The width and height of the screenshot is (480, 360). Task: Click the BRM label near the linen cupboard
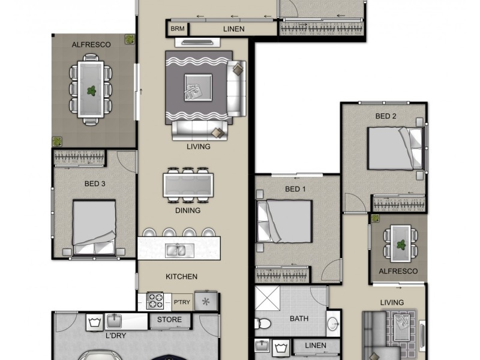(x=178, y=28)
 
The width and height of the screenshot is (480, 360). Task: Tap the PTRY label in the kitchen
(x=182, y=301)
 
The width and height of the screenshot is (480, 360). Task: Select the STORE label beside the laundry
(x=169, y=320)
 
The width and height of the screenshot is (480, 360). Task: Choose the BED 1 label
(x=295, y=189)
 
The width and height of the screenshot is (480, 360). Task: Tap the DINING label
(x=188, y=211)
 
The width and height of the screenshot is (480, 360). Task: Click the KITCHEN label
(x=181, y=277)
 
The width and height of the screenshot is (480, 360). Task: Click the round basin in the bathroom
(x=332, y=325)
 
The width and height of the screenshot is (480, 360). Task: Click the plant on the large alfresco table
(x=91, y=91)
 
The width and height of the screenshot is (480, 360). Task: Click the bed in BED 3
(x=94, y=227)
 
